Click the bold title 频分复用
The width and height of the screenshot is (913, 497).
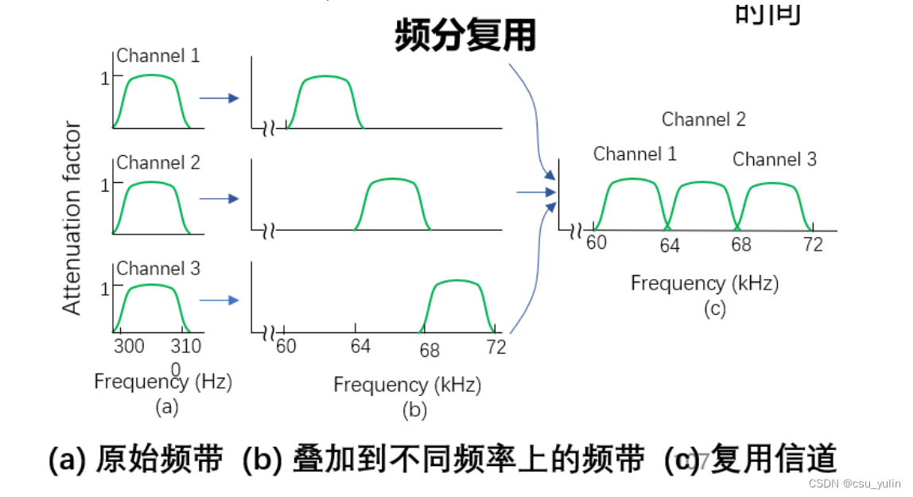[x=465, y=36]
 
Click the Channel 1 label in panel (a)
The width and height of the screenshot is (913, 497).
[x=158, y=56]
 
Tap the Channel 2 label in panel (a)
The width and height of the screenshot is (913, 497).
[x=158, y=163]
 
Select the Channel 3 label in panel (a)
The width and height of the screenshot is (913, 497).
[x=158, y=269]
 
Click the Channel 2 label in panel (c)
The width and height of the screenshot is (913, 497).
[x=704, y=120]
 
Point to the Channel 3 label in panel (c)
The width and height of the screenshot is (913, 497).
[x=774, y=160]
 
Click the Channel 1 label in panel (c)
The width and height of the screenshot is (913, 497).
[x=635, y=154]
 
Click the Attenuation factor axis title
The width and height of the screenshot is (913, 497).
[x=72, y=218]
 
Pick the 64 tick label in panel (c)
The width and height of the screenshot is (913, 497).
[x=670, y=246]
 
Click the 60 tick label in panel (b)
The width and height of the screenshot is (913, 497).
[x=286, y=347]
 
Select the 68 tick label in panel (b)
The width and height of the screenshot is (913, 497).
[x=429, y=350]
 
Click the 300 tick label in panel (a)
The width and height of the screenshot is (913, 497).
[x=129, y=347]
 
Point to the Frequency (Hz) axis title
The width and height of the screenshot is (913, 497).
[x=163, y=382]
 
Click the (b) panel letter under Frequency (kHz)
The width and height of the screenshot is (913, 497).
[x=414, y=410]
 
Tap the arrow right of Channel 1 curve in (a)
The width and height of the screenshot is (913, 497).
[x=219, y=98]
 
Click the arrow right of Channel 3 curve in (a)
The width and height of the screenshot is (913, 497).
[x=219, y=300]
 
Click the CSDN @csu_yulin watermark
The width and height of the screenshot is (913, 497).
[x=855, y=483]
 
